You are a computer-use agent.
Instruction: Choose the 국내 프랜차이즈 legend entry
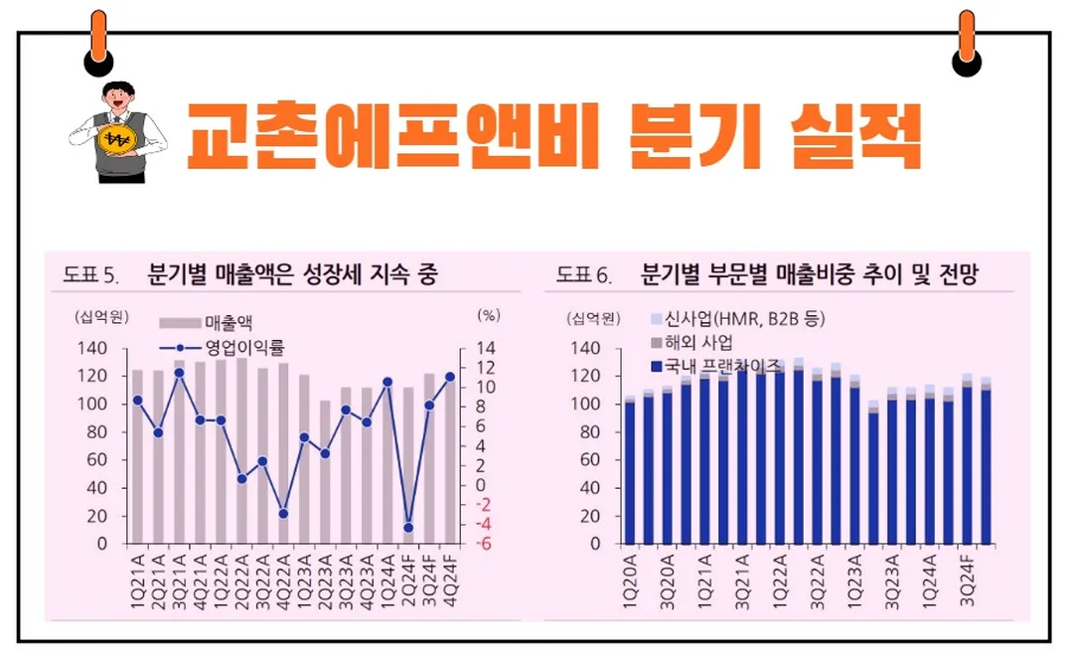(x=715, y=366)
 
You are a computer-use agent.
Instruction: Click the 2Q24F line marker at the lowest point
(x=408, y=528)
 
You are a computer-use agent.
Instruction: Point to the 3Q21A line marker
(x=180, y=373)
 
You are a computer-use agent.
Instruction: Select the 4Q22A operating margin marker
(x=283, y=513)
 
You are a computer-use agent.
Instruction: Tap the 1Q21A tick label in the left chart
(x=137, y=575)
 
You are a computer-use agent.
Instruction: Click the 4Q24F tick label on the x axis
(x=450, y=575)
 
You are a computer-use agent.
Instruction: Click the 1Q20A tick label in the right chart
(x=630, y=575)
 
